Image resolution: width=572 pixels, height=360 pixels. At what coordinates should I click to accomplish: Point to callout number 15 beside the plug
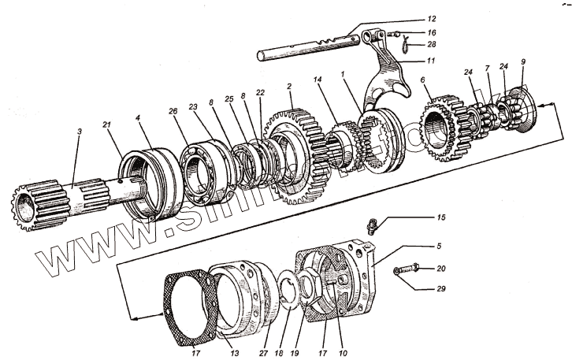coord(440,217)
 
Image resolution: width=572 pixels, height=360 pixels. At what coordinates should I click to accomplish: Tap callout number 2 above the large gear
coord(291,87)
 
